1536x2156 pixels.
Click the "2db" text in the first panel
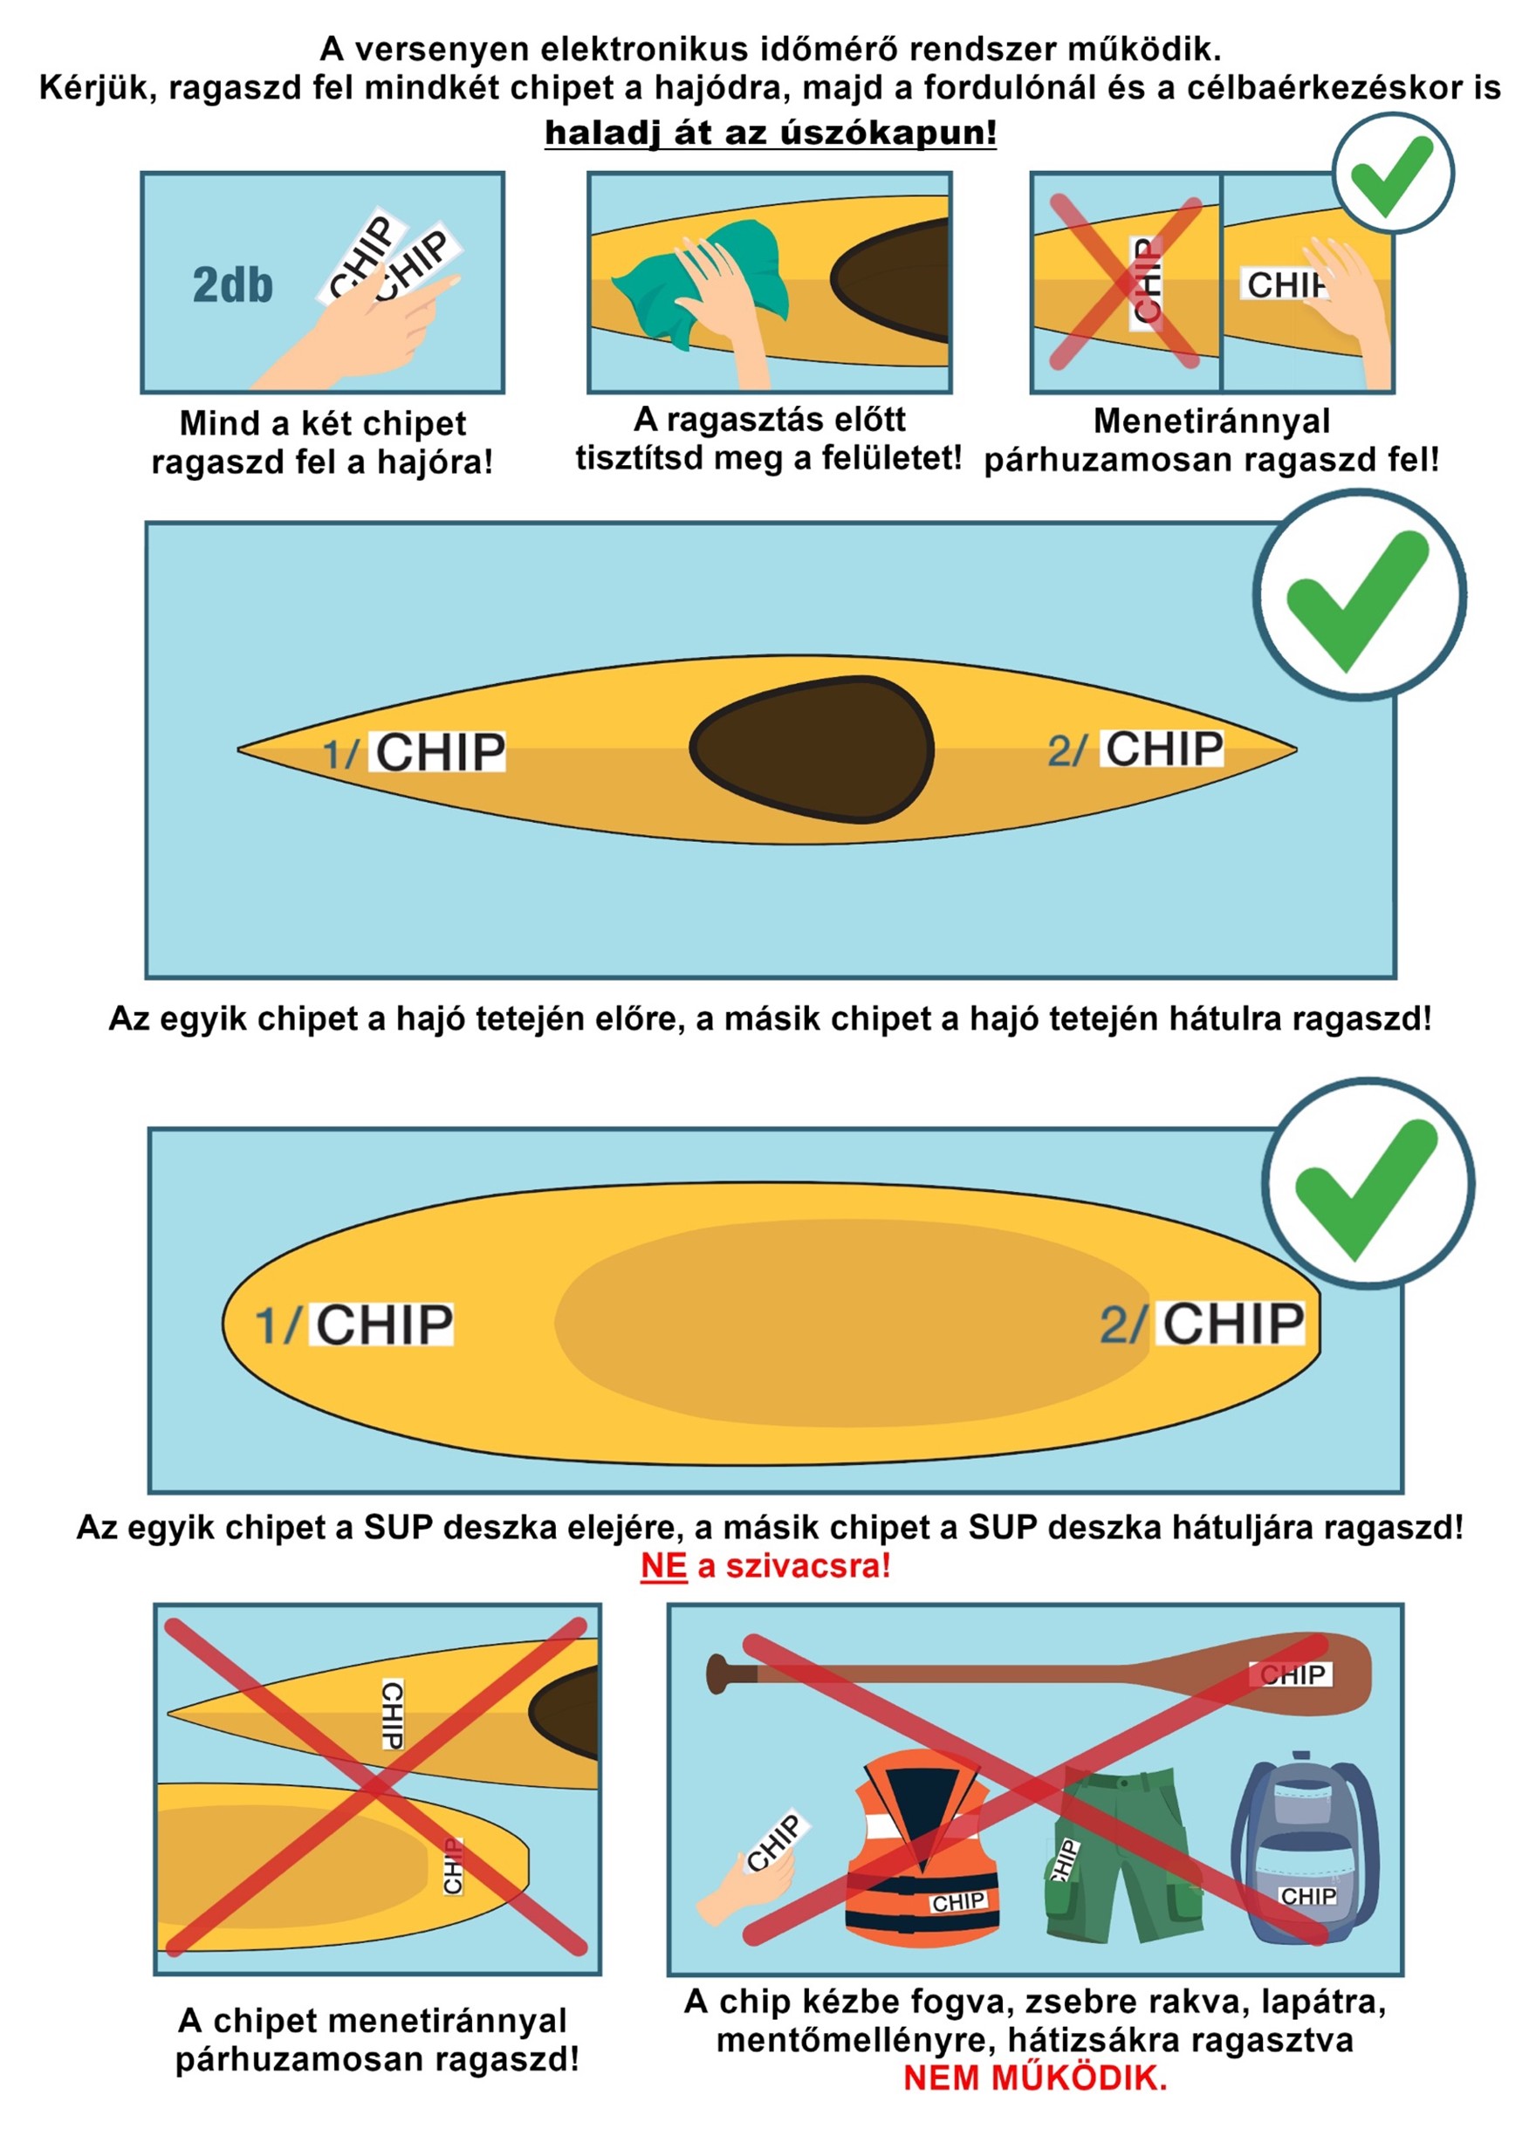tap(233, 284)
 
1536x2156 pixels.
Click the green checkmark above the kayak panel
tap(1358, 595)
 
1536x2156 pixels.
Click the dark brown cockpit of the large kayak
tap(812, 749)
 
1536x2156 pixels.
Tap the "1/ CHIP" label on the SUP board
tap(355, 1324)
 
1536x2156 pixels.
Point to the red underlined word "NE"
tap(663, 1566)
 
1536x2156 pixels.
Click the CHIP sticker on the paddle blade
tap(1292, 1674)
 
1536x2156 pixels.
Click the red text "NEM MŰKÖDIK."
tap(1035, 2078)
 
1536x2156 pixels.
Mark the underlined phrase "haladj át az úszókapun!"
tap(771, 133)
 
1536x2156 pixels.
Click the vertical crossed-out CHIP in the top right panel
tap(1145, 282)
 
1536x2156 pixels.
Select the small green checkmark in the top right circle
tap(1390, 175)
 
